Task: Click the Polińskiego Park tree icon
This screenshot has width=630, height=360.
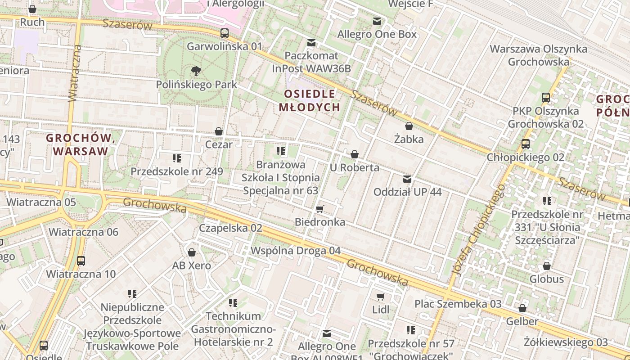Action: click(x=196, y=71)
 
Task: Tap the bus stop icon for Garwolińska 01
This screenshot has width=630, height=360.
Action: click(x=224, y=33)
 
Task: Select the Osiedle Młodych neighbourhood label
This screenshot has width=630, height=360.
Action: click(x=309, y=100)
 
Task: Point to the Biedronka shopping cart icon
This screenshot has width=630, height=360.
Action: click(x=320, y=209)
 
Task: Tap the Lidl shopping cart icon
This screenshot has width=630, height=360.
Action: click(x=381, y=297)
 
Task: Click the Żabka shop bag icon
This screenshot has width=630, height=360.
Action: click(x=409, y=126)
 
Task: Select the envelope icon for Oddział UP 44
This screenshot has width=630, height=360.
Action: click(x=407, y=179)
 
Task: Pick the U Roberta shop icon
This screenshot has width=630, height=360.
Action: click(x=355, y=154)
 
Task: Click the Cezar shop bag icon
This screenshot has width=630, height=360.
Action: click(x=219, y=131)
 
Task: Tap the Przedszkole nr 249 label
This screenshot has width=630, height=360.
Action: click(x=177, y=171)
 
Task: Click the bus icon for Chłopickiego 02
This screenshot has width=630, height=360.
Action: click(x=525, y=144)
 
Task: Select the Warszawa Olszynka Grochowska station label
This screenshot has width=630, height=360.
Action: click(x=539, y=55)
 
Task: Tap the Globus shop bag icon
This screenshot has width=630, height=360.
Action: click(x=546, y=266)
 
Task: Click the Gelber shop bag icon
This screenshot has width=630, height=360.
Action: click(x=522, y=308)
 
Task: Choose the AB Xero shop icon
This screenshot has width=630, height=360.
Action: click(x=192, y=252)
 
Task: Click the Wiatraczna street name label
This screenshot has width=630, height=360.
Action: click(x=75, y=73)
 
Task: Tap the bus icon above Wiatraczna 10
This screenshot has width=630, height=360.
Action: click(x=81, y=261)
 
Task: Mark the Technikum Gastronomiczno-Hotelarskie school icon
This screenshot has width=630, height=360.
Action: click(x=233, y=303)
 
